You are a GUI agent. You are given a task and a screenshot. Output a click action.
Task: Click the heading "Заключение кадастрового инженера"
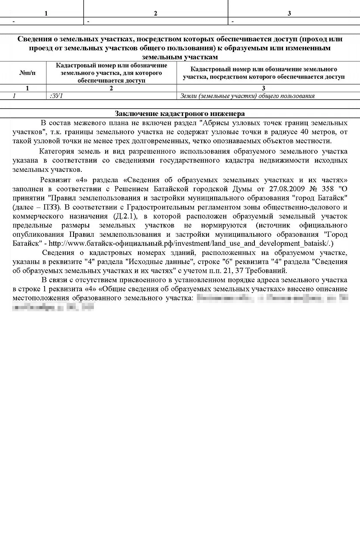180,113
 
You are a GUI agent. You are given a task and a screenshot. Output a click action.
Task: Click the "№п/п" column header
27,73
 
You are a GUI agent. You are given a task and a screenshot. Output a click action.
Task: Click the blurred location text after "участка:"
273,298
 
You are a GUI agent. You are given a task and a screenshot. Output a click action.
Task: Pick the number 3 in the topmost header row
289,13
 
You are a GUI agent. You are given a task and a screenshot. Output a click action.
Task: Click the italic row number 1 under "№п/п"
14,96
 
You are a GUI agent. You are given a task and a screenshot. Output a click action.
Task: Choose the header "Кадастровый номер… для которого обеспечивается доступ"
111,73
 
